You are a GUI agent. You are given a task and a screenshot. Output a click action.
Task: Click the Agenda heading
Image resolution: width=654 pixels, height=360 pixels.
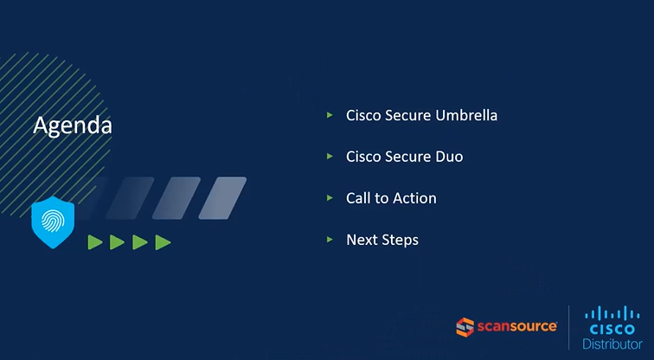73,125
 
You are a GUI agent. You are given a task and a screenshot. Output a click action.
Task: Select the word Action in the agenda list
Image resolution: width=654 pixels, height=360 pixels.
414,198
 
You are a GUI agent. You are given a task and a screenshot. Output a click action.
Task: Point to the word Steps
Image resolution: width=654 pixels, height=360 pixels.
401,240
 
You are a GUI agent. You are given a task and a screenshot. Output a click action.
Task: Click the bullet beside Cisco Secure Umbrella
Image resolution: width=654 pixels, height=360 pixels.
330,114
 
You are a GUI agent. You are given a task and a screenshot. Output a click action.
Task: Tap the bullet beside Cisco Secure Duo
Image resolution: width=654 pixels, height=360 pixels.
330,156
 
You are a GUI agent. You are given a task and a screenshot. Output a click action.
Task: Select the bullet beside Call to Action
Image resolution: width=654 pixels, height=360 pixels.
330,197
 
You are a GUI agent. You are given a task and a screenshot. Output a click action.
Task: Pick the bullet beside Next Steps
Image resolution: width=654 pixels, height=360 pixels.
330,239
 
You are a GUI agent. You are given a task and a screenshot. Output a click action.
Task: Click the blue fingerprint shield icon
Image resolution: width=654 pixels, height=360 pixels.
53,222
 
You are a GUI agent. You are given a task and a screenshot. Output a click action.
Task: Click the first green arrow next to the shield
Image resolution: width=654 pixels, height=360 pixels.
95,242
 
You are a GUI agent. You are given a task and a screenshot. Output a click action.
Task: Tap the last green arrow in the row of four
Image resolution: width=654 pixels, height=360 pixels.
163,242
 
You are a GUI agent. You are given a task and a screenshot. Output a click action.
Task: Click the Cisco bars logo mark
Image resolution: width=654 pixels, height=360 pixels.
612,314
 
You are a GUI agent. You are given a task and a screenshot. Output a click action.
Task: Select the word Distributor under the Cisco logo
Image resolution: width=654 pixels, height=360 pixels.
612,344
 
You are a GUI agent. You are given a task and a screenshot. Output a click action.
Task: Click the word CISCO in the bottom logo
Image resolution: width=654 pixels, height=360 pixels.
612,330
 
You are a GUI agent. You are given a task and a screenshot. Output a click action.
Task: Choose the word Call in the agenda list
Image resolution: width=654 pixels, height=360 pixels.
358,198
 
